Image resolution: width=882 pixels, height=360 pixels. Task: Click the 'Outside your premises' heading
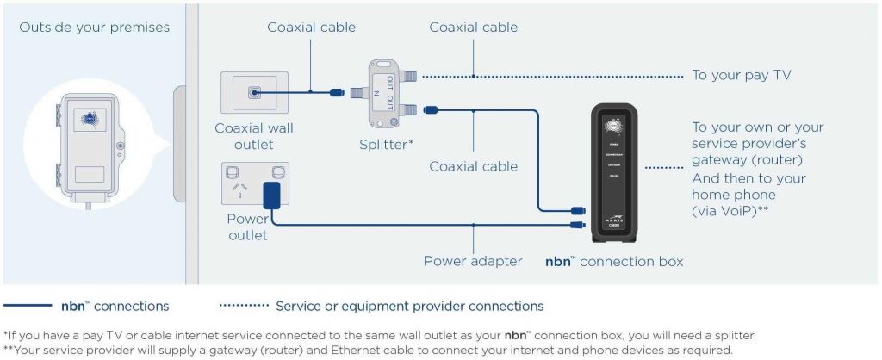pos(95,28)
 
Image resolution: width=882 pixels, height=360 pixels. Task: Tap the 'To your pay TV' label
pos(742,76)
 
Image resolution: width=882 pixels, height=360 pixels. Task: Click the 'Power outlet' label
pos(248,227)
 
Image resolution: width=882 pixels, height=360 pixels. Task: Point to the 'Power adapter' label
pos(473,260)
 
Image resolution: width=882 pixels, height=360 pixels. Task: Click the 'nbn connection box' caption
pos(614,260)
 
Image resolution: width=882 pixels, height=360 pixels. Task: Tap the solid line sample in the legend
pos(28,306)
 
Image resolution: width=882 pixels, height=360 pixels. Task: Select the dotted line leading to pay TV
pos(551,76)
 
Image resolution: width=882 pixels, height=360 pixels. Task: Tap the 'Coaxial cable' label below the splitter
pos(474,165)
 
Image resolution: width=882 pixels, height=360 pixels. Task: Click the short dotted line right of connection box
pos(664,168)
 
